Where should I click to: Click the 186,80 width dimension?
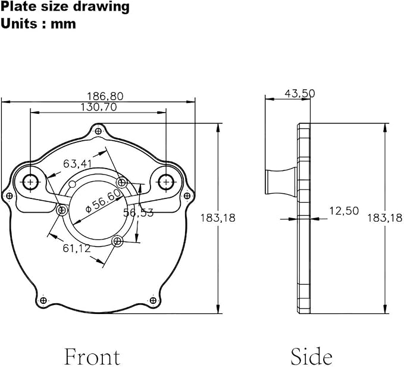105,96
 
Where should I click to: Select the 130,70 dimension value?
99,107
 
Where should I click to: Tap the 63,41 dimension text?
77,163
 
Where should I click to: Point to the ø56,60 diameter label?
103,201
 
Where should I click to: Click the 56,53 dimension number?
138,213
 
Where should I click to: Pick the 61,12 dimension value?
77,248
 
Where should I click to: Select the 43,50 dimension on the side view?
300,94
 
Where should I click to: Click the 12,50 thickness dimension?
344,211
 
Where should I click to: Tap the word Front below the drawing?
92,357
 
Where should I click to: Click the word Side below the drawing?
312,356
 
